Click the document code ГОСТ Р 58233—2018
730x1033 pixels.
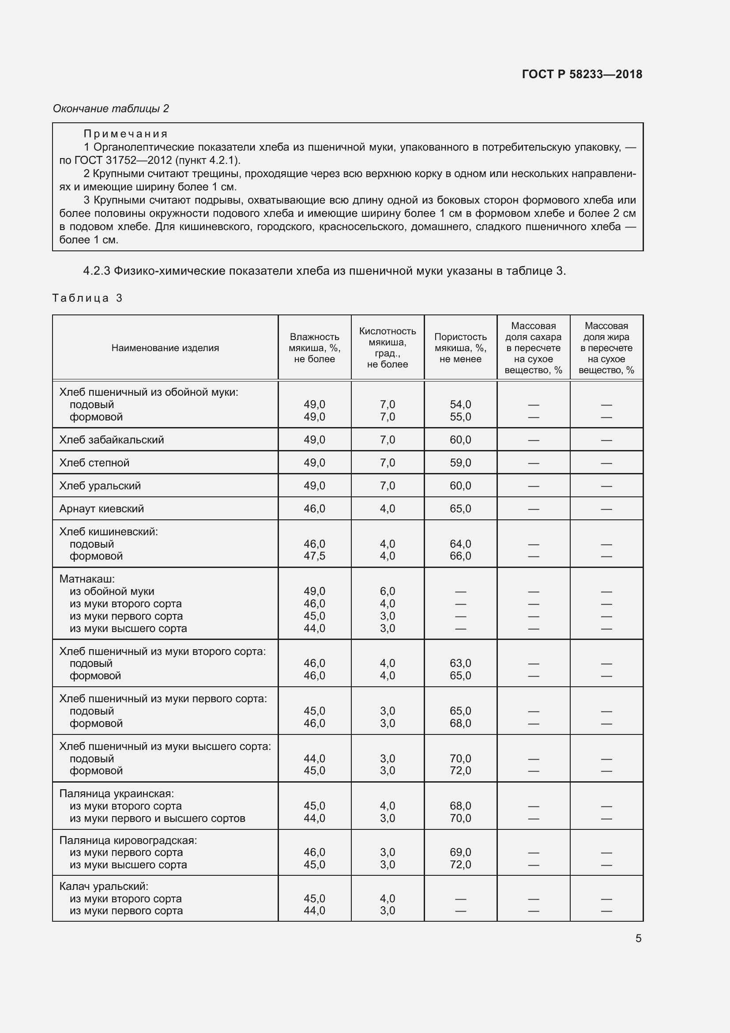(582, 74)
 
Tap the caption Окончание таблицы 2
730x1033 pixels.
(111, 109)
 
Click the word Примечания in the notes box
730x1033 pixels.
(125, 134)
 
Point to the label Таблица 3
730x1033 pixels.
(87, 298)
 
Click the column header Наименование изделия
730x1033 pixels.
(165, 348)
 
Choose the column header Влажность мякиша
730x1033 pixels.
(314, 348)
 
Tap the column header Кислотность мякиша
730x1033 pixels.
(387, 348)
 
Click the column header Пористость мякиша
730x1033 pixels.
(460, 348)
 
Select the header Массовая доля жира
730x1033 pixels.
(606, 348)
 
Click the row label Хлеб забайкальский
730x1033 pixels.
(112, 439)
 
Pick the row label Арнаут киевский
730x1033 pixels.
(102, 508)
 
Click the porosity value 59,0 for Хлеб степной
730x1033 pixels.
(460, 462)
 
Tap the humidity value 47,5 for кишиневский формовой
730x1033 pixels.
(314, 556)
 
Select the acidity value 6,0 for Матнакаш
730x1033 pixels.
(387, 591)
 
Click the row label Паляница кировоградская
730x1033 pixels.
(128, 840)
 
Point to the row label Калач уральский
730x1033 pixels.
(104, 886)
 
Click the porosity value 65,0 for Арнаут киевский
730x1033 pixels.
(460, 508)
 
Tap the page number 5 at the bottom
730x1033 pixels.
(638, 938)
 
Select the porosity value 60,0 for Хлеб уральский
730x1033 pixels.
(460, 485)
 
